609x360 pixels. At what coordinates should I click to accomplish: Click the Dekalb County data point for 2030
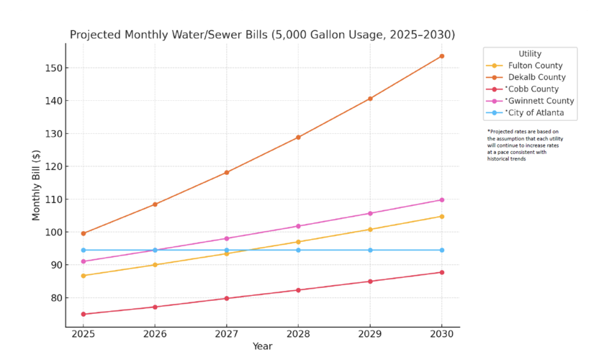click(442, 56)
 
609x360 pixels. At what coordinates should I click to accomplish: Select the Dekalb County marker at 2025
click(84, 233)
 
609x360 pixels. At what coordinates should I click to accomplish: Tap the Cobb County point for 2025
click(84, 314)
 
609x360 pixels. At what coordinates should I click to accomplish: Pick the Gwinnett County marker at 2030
click(442, 200)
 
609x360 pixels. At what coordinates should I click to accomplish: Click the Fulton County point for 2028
click(299, 242)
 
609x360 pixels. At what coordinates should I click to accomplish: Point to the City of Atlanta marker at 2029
click(370, 250)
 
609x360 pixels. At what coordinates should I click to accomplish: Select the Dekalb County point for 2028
click(299, 138)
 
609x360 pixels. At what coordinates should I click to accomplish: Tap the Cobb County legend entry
click(533, 89)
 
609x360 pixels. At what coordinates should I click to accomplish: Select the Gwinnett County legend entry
click(539, 101)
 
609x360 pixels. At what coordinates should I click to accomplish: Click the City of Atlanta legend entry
click(536, 113)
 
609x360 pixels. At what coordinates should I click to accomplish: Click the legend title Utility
click(530, 54)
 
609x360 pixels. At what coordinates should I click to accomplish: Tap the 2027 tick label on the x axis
click(227, 334)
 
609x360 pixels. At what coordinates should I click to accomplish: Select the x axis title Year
click(262, 346)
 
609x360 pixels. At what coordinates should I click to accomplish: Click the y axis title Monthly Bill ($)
click(36, 186)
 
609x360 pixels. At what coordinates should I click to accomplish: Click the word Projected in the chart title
click(98, 35)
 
